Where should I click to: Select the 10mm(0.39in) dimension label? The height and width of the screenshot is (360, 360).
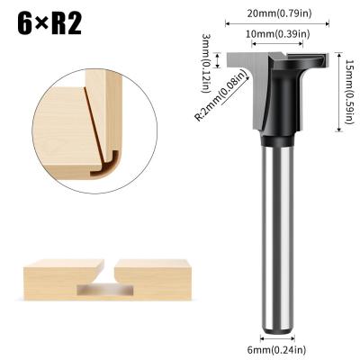(278, 34)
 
